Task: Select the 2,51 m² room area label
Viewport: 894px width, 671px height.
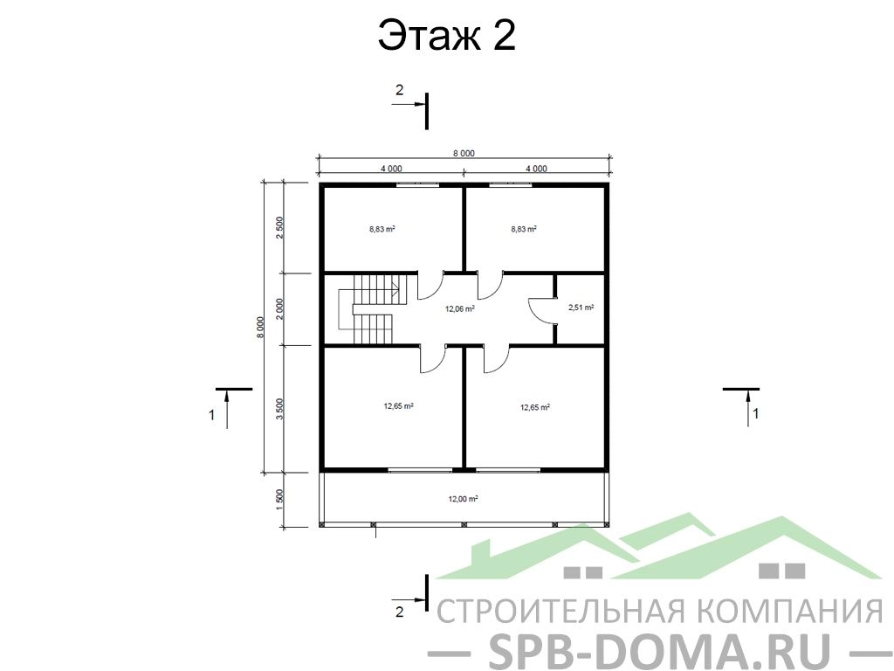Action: [581, 308]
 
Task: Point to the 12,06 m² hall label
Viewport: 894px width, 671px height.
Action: [460, 309]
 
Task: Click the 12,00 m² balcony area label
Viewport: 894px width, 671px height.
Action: [463, 499]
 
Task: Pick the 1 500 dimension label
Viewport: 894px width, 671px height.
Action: [279, 501]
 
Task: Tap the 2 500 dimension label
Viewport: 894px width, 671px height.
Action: [279, 228]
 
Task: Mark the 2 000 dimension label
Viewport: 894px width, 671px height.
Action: [279, 308]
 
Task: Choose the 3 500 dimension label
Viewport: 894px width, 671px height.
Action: [279, 409]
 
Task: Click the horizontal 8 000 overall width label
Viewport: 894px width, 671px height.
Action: [464, 153]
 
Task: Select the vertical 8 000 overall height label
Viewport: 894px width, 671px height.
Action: [260, 328]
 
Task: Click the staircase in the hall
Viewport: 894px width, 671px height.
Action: [368, 308]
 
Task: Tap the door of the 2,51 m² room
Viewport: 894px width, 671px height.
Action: [541, 310]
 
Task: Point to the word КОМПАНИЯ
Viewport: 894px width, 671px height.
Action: [790, 611]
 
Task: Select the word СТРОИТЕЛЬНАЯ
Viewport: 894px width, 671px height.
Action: [560, 611]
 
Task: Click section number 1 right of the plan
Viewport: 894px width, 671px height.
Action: [756, 413]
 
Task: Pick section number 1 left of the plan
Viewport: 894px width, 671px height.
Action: [211, 415]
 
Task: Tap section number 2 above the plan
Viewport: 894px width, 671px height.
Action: [399, 90]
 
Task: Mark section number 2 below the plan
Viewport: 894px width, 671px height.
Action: [399, 612]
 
